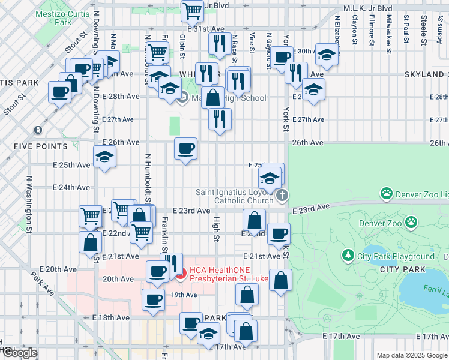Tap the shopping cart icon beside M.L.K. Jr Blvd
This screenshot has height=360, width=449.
(x=192, y=10)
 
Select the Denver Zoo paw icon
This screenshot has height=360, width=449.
(x=411, y=223)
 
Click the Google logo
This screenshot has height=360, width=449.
(x=19, y=352)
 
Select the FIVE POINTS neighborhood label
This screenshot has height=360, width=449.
(x=41, y=146)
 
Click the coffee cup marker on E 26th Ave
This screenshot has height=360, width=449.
(x=185, y=148)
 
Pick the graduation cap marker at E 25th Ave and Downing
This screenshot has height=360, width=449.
(x=105, y=157)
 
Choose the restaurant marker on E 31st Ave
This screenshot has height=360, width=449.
(x=219, y=43)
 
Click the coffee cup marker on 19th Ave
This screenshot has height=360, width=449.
(x=152, y=299)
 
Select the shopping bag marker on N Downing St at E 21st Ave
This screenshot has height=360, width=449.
(x=90, y=242)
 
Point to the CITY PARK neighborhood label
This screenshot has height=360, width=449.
(x=403, y=269)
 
